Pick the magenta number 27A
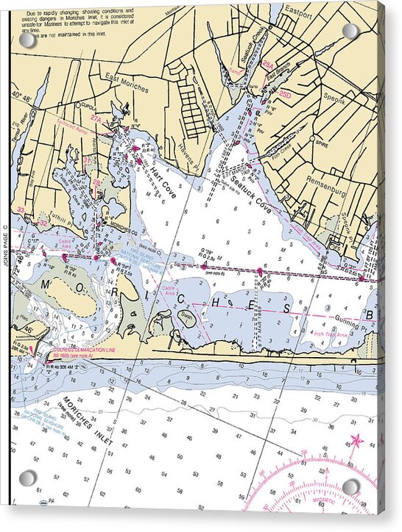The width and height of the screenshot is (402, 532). (96, 118)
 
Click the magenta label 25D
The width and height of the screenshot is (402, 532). (285, 94)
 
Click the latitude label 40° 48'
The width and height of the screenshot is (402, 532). (21, 95)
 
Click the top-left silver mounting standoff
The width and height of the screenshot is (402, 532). (27, 40)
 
